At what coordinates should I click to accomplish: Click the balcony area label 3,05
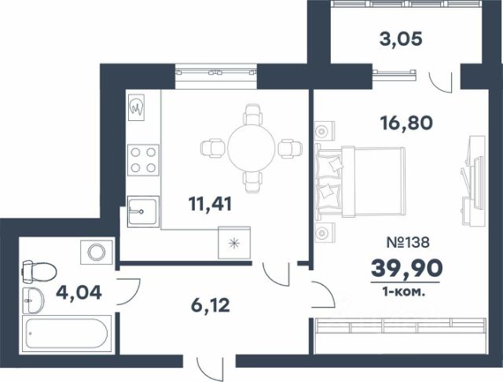[400, 40]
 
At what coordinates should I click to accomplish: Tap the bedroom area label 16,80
[406, 123]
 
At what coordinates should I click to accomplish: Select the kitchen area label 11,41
[210, 204]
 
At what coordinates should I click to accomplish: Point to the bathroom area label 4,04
[79, 293]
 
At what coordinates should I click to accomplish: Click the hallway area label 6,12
[211, 305]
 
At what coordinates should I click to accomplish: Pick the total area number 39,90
[407, 269]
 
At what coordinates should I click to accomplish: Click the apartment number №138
[408, 242]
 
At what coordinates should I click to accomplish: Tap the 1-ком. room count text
[404, 292]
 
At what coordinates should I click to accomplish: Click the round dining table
[251, 149]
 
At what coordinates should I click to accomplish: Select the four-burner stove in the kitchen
[143, 160]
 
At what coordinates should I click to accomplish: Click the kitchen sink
[143, 211]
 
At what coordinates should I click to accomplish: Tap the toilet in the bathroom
[39, 272]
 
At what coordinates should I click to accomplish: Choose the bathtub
[67, 333]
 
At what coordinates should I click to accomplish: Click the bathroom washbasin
[33, 300]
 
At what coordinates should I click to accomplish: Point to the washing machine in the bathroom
[96, 252]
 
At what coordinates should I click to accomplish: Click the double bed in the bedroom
[361, 182]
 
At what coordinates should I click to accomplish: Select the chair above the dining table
[253, 115]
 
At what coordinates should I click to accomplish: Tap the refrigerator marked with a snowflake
[234, 243]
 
